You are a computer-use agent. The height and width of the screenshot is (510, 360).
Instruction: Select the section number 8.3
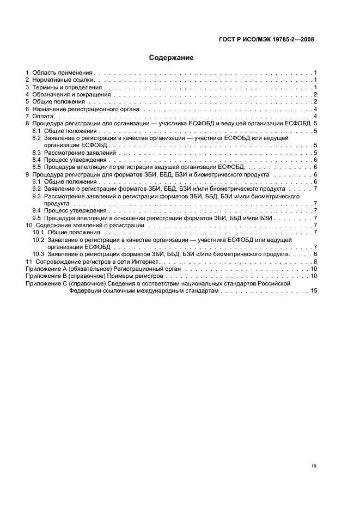[36, 153]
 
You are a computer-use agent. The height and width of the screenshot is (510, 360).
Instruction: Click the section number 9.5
[36, 217]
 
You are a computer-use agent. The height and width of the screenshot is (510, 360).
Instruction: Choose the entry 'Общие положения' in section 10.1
[70, 232]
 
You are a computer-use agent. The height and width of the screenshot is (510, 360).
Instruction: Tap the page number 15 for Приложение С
[313, 291]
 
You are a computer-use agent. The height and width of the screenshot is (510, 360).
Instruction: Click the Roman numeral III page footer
[314, 451]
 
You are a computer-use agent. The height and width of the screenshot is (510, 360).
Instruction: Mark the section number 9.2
[36, 189]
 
